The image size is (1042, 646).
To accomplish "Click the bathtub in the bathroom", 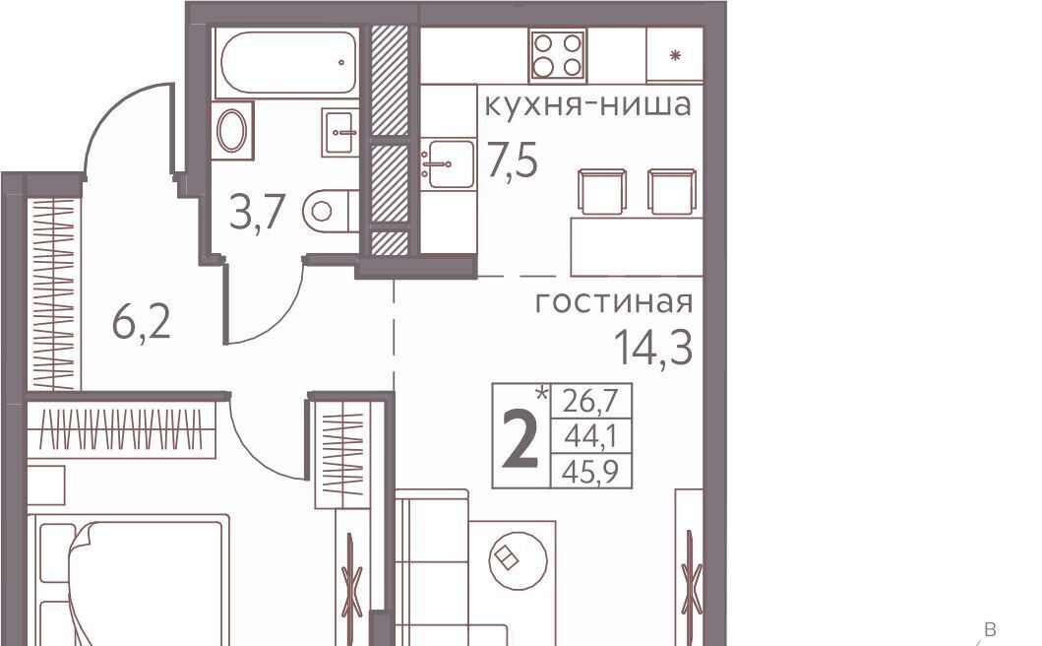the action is pos(287,62).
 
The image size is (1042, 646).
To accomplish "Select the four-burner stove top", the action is pos(558,54).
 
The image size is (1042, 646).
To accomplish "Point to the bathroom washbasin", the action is pos(340,132).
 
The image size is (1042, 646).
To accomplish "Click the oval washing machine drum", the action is pos(232,130).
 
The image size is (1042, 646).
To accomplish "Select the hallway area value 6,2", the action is pos(142,323).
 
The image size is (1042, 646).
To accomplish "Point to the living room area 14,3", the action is pos(653,348).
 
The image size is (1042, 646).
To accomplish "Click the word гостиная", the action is pos(614,302).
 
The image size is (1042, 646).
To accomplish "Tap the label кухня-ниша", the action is pos(588,105).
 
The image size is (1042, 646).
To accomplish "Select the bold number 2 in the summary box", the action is pos(521,439).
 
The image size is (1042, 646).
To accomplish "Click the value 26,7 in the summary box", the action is pos(590,401).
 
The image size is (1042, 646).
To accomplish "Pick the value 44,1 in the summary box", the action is pos(590,436).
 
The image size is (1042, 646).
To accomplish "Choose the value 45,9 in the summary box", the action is pos(590,472).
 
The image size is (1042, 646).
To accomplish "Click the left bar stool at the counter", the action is pos(602,192).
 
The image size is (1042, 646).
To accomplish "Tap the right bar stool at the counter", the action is pos(672,192).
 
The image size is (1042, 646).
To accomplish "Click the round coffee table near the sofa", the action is pos(519,558).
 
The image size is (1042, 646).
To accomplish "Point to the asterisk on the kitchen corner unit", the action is pos(676,55).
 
